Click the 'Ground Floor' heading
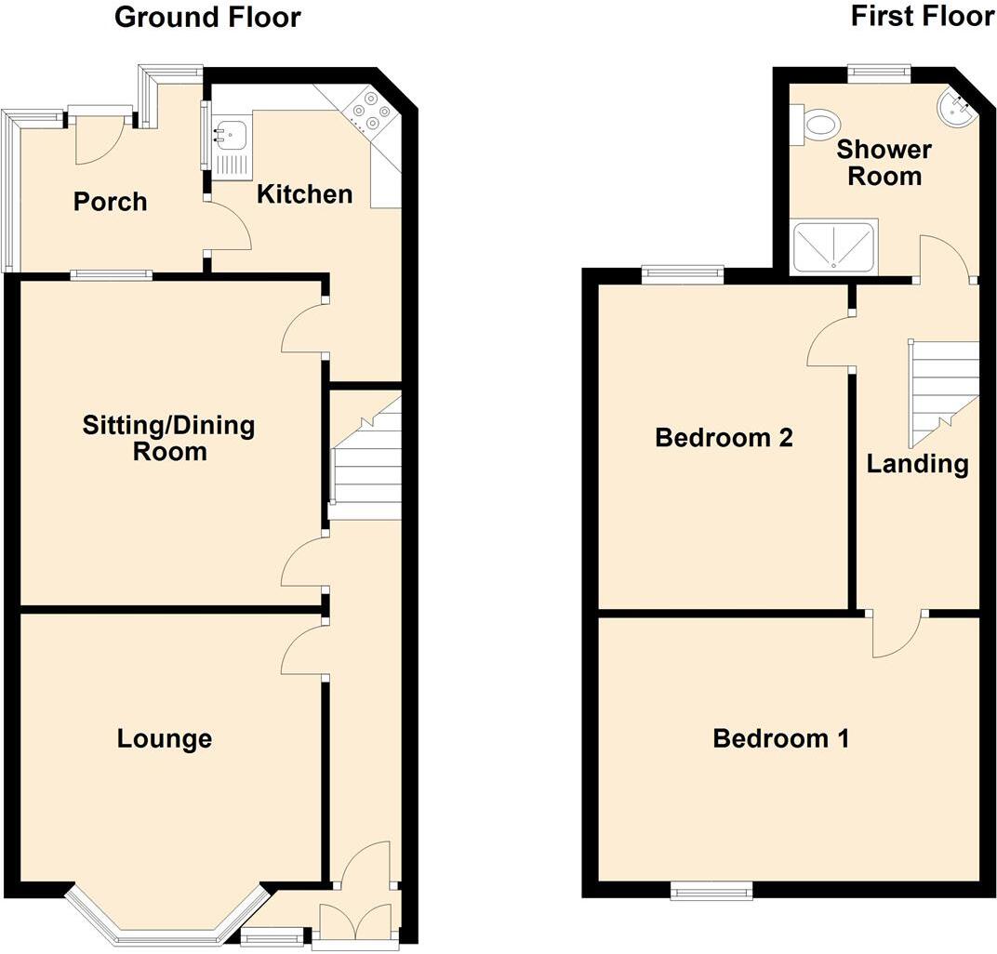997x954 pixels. (x=207, y=17)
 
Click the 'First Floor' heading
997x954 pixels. (x=922, y=17)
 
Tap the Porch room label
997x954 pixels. (x=111, y=201)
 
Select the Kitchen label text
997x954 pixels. (x=304, y=194)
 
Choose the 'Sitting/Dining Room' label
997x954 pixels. (x=168, y=439)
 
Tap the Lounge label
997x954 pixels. (x=165, y=739)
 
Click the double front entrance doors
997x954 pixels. (x=356, y=923)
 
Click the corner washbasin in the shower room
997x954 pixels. (x=957, y=108)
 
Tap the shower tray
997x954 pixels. (x=833, y=246)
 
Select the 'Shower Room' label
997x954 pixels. (x=884, y=163)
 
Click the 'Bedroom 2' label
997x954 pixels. (x=724, y=437)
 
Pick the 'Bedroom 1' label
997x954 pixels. (x=780, y=739)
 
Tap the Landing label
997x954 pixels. (x=918, y=463)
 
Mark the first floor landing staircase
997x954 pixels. (x=943, y=391)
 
